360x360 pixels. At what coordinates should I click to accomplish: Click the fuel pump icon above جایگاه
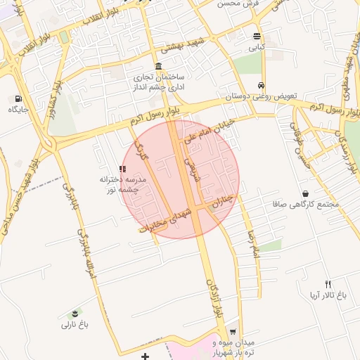pos(18,98)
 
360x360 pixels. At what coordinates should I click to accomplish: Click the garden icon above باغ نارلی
pos(75,312)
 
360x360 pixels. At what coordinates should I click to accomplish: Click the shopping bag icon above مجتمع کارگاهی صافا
pos(305,193)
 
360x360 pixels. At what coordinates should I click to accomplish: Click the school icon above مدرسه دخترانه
pos(123,169)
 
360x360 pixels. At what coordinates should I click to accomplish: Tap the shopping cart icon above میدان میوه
pos(233,333)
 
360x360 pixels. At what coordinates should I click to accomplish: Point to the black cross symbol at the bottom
pos(145,356)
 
